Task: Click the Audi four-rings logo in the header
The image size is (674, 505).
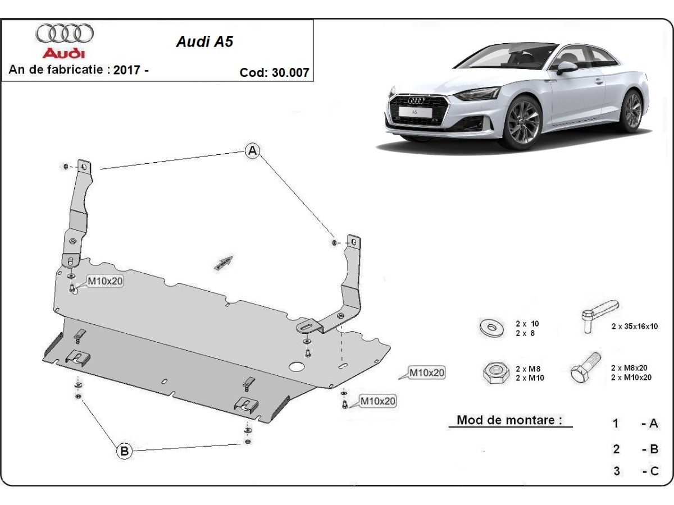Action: click(x=65, y=34)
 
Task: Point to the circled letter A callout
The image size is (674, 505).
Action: click(x=253, y=150)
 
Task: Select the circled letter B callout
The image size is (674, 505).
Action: click(x=124, y=450)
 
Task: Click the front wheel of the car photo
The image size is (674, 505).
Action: click(x=522, y=122)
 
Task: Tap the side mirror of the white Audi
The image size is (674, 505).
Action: click(x=567, y=68)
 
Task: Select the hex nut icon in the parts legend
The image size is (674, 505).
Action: click(x=493, y=373)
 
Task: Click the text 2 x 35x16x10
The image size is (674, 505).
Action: click(x=635, y=326)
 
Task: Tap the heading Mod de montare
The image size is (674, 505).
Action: click(x=509, y=420)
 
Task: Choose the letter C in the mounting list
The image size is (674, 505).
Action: click(x=654, y=471)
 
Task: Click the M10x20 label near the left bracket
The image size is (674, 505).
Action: click(x=104, y=281)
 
